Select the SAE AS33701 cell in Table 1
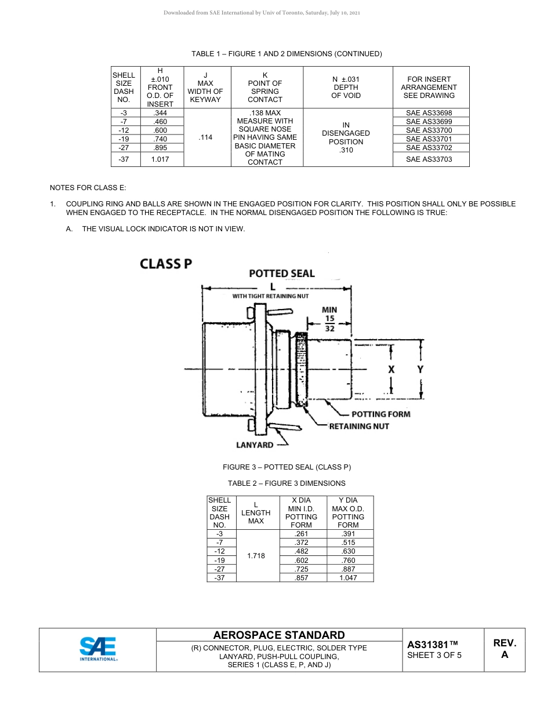(x=429, y=139)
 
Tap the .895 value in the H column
(x=160, y=148)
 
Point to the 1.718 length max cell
(x=256, y=556)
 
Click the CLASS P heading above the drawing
(x=166, y=264)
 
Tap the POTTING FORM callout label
(x=380, y=414)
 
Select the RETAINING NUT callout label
(x=359, y=426)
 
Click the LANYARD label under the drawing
(x=255, y=445)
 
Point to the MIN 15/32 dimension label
(x=329, y=319)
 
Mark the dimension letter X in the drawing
(x=391, y=369)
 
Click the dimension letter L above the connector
(x=273, y=286)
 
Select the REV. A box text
(x=505, y=649)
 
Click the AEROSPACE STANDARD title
(x=279, y=635)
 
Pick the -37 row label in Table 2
(x=219, y=578)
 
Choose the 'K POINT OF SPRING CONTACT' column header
(x=265, y=88)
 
